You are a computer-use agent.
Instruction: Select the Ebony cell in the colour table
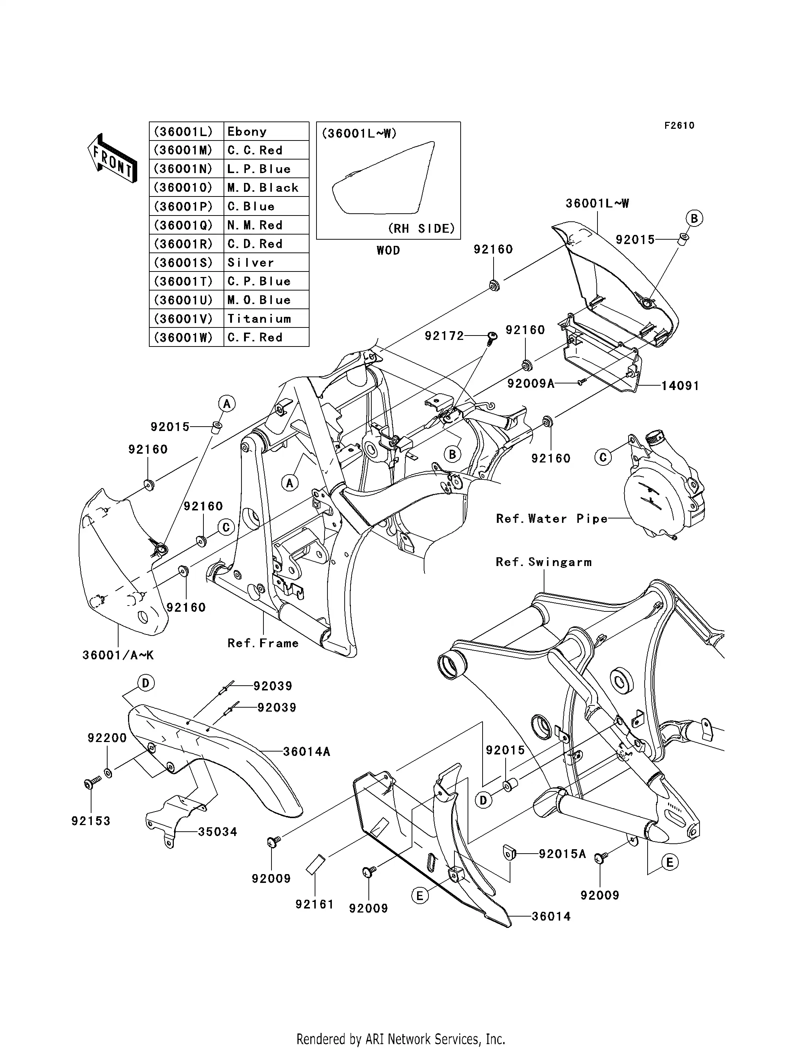(266, 131)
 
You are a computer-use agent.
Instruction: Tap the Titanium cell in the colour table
(266, 318)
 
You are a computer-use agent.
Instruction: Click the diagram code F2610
(679, 125)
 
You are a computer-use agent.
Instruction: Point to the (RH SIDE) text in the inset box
(421, 229)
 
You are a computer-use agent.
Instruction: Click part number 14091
(680, 386)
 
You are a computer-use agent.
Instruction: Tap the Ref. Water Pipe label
(552, 518)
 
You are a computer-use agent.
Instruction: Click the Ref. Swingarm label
(544, 562)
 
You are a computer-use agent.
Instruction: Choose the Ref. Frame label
(263, 643)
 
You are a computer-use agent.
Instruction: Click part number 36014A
(307, 752)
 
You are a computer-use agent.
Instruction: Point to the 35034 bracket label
(217, 832)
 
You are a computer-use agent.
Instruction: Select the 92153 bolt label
(91, 821)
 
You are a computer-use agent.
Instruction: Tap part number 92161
(314, 904)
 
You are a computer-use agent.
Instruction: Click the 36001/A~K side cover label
(118, 655)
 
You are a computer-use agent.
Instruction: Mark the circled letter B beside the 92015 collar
(694, 219)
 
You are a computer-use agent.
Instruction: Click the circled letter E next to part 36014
(420, 896)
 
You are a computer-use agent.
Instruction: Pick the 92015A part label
(562, 854)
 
